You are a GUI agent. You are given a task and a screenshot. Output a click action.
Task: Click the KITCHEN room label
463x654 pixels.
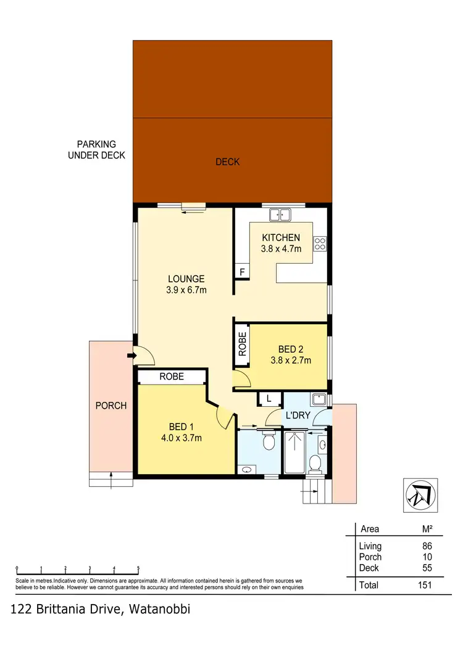coord(281,238)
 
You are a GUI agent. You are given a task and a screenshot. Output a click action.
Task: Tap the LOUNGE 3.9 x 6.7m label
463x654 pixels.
coord(186,284)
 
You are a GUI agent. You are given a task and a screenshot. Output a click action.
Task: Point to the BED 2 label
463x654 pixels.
coord(290,354)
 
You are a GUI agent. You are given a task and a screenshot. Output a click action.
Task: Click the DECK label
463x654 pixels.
coord(228,162)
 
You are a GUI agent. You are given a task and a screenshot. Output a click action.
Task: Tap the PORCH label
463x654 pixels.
coord(111,406)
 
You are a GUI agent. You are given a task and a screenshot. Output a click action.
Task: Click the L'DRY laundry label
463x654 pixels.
coord(297,415)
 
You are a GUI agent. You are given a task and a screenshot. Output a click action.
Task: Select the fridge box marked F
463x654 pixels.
coord(241,272)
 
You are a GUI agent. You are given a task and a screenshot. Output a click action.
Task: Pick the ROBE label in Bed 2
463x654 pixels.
coord(242,345)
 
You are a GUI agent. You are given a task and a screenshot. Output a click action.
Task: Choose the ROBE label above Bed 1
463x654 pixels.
coord(172,376)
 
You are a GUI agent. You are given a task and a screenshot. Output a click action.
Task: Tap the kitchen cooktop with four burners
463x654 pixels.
coord(320,243)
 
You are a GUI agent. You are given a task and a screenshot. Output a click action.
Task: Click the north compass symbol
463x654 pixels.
coord(422,494)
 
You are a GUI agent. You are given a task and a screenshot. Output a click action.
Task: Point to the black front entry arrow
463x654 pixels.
coord(131,356)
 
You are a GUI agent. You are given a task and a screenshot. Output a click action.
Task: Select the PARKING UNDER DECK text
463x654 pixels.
coord(96,150)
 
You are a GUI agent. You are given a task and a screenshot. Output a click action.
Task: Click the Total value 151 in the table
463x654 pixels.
coord(423,585)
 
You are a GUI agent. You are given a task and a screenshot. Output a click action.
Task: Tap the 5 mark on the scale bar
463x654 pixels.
coord(138,568)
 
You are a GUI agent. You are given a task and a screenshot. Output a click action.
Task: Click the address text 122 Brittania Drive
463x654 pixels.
coord(101,610)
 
